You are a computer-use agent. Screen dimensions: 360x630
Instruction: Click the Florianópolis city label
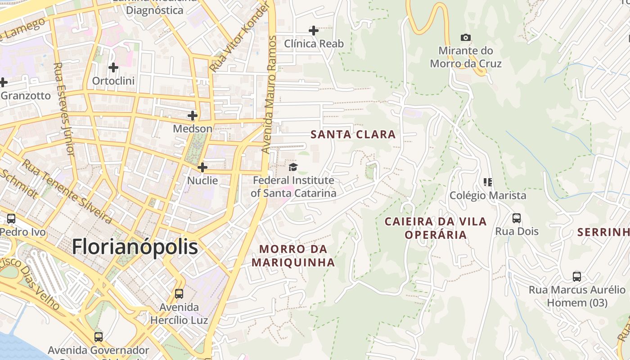[135, 247]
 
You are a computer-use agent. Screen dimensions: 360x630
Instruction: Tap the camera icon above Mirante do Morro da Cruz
[466, 37]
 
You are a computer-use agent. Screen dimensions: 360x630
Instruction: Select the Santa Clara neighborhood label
[353, 134]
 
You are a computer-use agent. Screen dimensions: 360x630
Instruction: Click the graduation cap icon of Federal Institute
[293, 167]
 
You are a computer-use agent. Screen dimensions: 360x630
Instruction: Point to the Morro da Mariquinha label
[293, 256]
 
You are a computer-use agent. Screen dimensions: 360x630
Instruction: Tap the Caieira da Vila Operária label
[435, 228]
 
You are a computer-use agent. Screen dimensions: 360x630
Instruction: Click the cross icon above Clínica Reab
[314, 31]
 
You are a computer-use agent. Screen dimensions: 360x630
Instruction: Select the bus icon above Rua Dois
[517, 218]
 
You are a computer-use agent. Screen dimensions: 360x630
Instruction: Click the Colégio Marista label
[488, 195]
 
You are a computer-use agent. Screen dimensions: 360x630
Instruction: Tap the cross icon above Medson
[193, 116]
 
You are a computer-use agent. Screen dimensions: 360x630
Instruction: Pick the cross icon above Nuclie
[202, 167]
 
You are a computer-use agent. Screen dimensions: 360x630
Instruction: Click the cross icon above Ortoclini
[113, 67]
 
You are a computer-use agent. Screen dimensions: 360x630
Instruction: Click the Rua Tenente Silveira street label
[67, 192]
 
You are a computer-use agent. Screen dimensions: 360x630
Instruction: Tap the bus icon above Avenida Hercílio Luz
[179, 294]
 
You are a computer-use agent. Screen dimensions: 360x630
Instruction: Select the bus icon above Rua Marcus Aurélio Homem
[576, 276]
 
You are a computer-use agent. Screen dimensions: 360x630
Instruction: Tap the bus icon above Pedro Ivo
[11, 219]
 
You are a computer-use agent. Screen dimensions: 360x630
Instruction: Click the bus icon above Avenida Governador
[98, 337]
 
